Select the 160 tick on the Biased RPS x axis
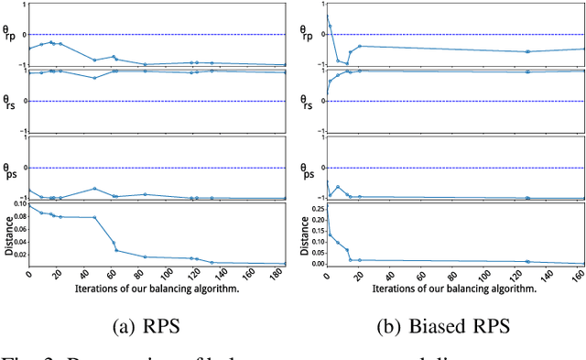577,276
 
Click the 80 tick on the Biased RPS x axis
452,276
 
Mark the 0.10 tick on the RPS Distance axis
19,203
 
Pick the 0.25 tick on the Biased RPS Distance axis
315,208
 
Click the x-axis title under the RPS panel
157,288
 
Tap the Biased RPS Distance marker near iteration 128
527,261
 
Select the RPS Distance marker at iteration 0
29,205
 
